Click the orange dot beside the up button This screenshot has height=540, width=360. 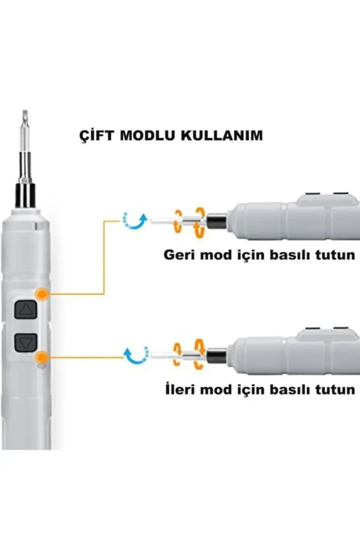(x=42, y=295)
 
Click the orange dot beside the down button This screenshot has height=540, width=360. (x=42, y=357)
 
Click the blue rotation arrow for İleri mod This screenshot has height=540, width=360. (x=136, y=354)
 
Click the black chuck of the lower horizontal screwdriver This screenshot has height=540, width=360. (x=217, y=355)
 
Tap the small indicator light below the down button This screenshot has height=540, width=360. (x=42, y=366)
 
